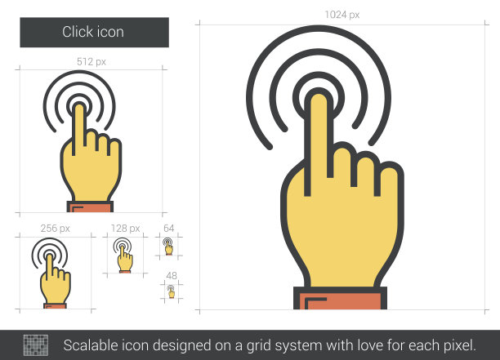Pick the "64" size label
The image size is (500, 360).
pyautogui.click(x=168, y=228)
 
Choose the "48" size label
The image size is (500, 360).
pyautogui.click(x=172, y=276)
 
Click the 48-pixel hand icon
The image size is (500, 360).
pyautogui.click(x=172, y=291)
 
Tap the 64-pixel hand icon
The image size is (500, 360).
pyautogui.click(x=168, y=247)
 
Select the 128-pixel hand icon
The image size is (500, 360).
pyautogui.click(x=123, y=256)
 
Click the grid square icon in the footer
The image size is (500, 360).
pyautogui.click(x=36, y=345)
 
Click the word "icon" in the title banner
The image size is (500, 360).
pyautogui.click(x=110, y=32)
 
